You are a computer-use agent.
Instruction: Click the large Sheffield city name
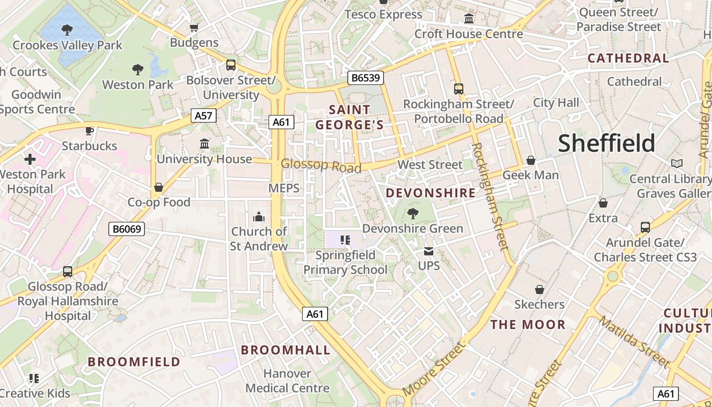point(607,143)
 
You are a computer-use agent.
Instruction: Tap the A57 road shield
point(203,115)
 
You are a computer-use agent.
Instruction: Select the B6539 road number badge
point(366,78)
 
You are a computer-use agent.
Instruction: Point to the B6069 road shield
point(127,229)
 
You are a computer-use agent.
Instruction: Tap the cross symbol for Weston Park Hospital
point(30,160)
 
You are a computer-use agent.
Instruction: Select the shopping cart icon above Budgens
point(194,28)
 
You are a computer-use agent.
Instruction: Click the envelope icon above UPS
point(429,251)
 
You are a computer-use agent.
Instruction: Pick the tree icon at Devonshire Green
point(412,214)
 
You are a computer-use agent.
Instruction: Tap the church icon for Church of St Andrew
point(259,217)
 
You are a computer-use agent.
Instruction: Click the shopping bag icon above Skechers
point(540,290)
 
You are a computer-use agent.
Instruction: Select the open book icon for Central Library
point(676,164)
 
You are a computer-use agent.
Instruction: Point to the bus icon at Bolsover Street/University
point(231,65)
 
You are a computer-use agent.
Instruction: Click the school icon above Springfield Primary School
point(345,240)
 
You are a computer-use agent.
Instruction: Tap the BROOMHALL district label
point(285,350)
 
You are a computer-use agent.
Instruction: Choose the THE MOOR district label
point(528,325)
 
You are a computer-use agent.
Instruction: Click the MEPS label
point(284,188)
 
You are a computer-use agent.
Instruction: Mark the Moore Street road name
point(433,369)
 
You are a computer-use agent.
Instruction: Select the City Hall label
point(556,103)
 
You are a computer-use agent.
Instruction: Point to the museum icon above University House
point(204,144)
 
